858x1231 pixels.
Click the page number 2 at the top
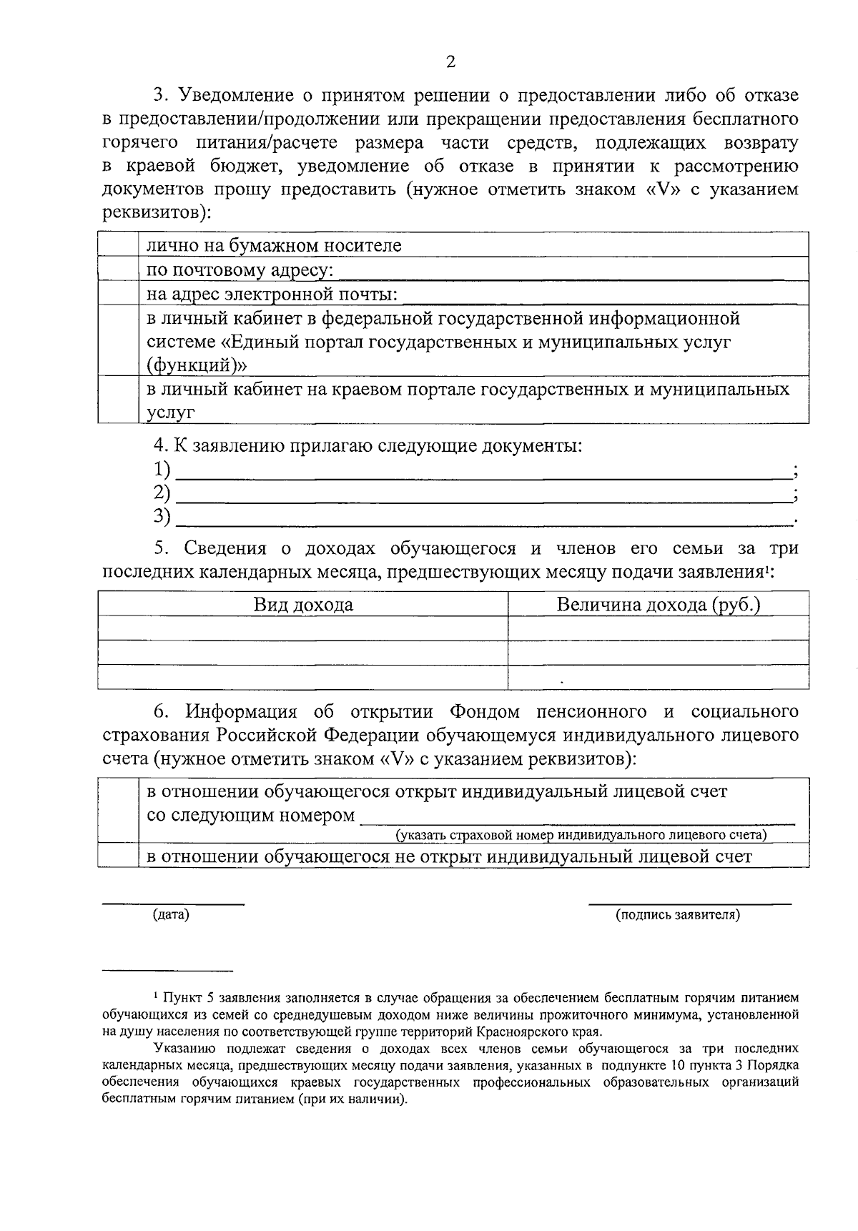450,62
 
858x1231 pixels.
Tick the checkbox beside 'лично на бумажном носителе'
118,245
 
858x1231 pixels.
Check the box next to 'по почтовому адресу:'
118,270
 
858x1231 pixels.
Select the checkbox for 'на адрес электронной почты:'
118,294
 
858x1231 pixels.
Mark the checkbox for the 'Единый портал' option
118,341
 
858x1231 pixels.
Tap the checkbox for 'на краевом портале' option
118,400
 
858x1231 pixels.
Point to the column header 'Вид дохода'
303,605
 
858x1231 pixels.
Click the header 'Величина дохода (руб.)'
658,605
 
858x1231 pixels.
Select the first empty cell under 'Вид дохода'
303,628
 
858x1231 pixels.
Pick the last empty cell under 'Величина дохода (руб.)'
658,676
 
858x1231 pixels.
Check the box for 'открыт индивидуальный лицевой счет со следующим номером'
118,811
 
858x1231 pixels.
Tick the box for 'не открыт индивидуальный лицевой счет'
118,856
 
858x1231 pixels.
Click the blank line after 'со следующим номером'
576,816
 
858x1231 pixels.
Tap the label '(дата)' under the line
171,914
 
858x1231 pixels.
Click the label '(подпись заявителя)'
678,914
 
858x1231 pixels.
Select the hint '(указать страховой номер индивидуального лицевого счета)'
581,835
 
